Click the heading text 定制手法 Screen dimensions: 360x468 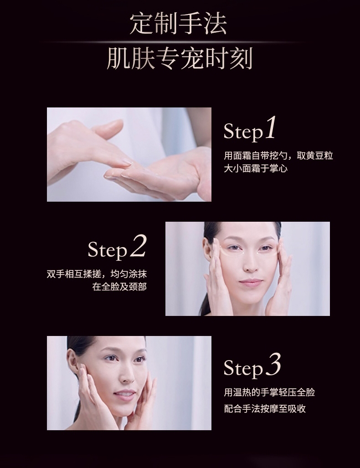coord(178,24)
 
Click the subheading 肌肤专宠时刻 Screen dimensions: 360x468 coord(180,58)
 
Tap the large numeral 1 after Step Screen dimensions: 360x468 coord(270,128)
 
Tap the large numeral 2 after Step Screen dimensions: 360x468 coord(139,246)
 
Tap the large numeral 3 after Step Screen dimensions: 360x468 coord(273,364)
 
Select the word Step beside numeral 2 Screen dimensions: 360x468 coord(108,250)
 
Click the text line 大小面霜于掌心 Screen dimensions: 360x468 coord(256,168)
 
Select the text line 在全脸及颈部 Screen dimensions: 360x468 coord(119,287)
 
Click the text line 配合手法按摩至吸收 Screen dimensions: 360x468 coord(265,409)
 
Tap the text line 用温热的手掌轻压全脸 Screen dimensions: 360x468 coord(269,392)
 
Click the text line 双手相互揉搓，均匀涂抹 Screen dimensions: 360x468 coord(97,274)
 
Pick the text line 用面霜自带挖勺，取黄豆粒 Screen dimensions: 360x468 coord(278,156)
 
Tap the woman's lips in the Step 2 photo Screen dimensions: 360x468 coord(251,282)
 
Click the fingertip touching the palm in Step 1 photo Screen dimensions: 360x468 coord(129,163)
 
